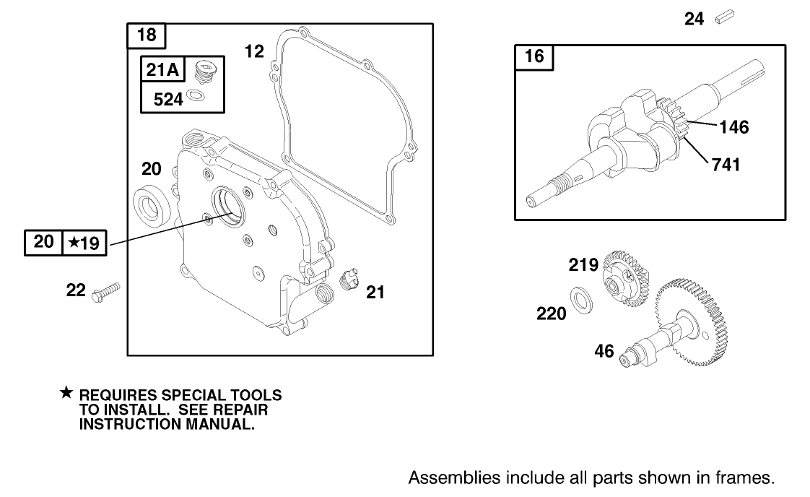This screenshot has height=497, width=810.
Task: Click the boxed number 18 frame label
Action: coord(147,35)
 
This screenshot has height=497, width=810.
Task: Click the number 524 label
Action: coord(168,99)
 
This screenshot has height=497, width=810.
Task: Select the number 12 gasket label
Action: coord(254,51)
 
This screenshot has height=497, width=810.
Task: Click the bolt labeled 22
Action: coord(106,292)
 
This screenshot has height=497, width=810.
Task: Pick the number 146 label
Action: coord(733,128)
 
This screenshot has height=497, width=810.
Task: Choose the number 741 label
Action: coord(726,165)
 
